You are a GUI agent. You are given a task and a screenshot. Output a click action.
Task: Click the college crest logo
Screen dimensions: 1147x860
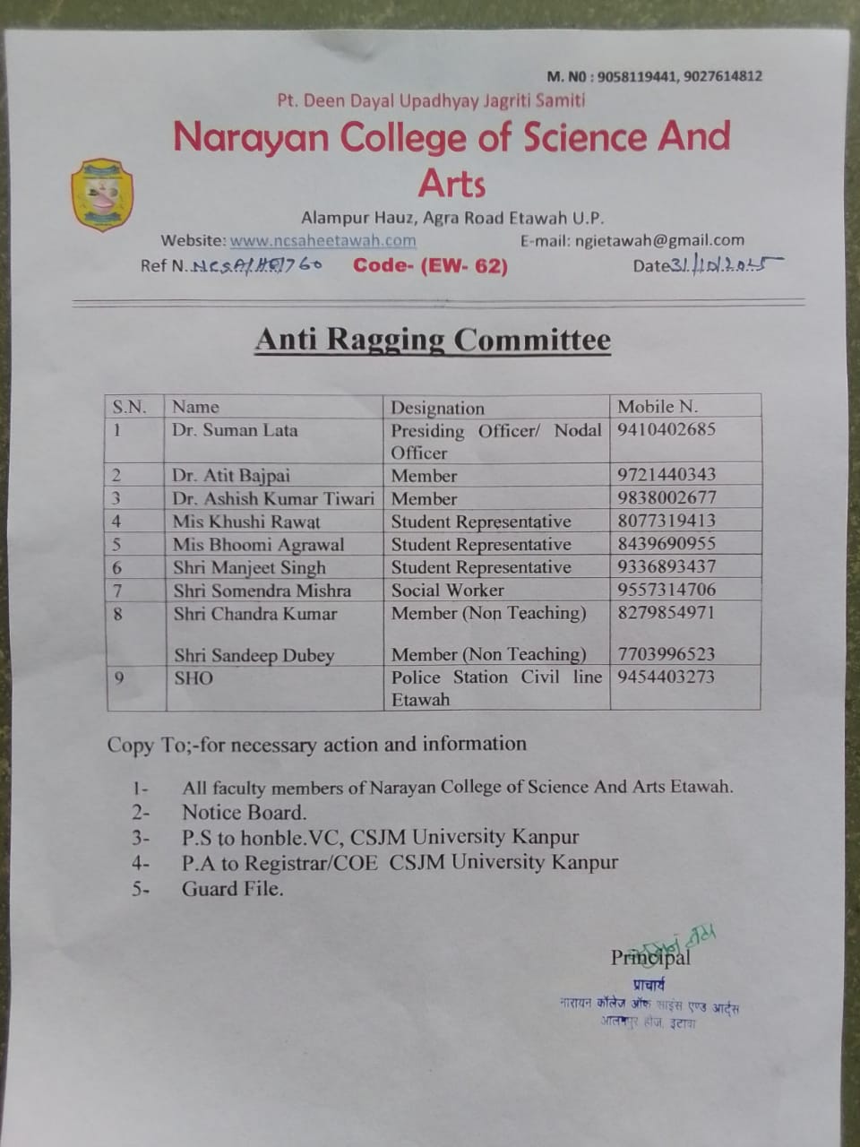[x=101, y=194]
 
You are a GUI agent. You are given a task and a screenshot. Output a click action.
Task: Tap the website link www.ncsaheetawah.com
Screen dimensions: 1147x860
[x=322, y=240]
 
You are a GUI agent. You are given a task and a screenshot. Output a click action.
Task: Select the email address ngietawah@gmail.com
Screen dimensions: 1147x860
[x=660, y=240]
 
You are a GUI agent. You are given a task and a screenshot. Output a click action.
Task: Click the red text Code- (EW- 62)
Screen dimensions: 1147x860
[x=430, y=265]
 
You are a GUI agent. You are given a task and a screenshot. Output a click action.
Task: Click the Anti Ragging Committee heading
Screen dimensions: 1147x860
[x=433, y=340]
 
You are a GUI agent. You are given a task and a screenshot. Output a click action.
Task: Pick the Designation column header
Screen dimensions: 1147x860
[x=437, y=408]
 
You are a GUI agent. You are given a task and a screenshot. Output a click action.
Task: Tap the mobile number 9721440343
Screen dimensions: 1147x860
[x=666, y=474]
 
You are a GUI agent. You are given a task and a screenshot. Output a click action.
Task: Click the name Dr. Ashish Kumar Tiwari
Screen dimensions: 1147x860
[x=273, y=498]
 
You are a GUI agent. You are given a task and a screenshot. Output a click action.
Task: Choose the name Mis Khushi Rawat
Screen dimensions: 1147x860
[x=246, y=522]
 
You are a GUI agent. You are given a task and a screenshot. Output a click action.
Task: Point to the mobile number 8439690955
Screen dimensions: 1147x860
[x=666, y=543]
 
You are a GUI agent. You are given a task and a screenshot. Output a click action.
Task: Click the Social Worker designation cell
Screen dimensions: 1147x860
[x=447, y=590]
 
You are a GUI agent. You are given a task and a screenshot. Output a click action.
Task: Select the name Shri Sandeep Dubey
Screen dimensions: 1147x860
[x=254, y=655]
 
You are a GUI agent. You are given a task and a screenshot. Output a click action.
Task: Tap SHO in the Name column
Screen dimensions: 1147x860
[x=193, y=678]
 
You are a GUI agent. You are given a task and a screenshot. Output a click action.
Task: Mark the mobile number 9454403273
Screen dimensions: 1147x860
[x=666, y=677]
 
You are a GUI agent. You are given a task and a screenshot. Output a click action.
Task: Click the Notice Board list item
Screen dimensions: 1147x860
[x=244, y=813]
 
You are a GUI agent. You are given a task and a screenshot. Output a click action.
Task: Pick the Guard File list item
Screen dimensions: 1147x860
[x=232, y=889]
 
